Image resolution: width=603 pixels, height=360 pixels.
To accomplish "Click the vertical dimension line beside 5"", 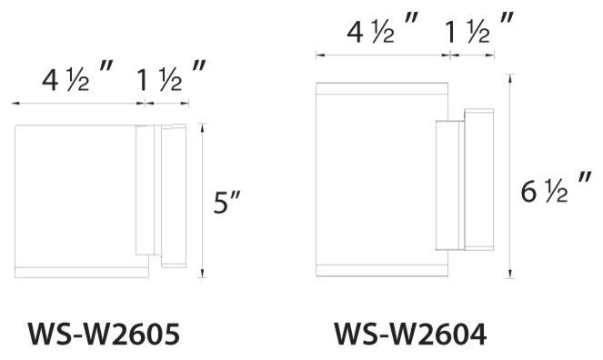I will [x=201, y=200].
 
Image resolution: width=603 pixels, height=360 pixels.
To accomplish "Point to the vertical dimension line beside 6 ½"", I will [x=511, y=182].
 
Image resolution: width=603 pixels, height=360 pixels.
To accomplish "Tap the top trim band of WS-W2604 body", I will [x=382, y=87].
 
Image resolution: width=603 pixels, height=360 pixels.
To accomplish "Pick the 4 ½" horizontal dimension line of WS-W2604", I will [x=382, y=56].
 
